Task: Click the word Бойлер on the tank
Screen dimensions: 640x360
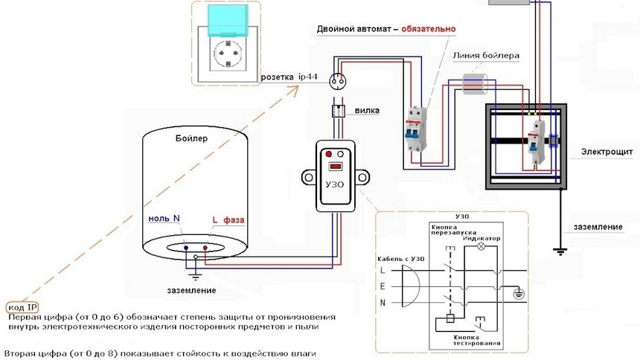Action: pyautogui.click(x=191, y=138)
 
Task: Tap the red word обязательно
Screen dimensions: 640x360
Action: pyautogui.click(x=429, y=29)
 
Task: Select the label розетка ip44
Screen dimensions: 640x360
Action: pyautogui.click(x=289, y=77)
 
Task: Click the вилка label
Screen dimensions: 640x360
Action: pyautogui.click(x=367, y=110)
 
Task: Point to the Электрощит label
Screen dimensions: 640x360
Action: pyautogui.click(x=607, y=152)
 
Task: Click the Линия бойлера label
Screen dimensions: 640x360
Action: pyautogui.click(x=486, y=56)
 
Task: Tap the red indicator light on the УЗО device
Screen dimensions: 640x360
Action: pyautogui.click(x=329, y=154)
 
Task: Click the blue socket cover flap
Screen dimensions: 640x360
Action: pyautogui.click(x=228, y=20)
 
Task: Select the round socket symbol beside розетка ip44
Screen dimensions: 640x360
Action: pyautogui.click(x=338, y=81)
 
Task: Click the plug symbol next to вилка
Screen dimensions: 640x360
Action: pyautogui.click(x=338, y=111)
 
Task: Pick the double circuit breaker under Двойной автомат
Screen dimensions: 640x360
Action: pyautogui.click(x=416, y=129)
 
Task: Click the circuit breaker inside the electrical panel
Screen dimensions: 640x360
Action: pyautogui.click(x=536, y=143)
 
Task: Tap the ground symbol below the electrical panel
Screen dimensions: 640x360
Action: pyautogui.click(x=560, y=251)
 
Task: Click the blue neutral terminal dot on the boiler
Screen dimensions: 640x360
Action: pyautogui.click(x=186, y=248)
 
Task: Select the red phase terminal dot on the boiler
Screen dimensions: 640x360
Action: pyautogui.click(x=205, y=248)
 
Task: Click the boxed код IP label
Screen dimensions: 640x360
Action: pyautogui.click(x=22, y=307)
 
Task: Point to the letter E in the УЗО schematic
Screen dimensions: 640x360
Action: pyautogui.click(x=383, y=286)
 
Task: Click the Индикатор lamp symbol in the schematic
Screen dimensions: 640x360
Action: pyautogui.click(x=481, y=246)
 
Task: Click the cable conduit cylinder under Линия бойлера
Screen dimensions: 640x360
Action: pyautogui.click(x=475, y=83)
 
